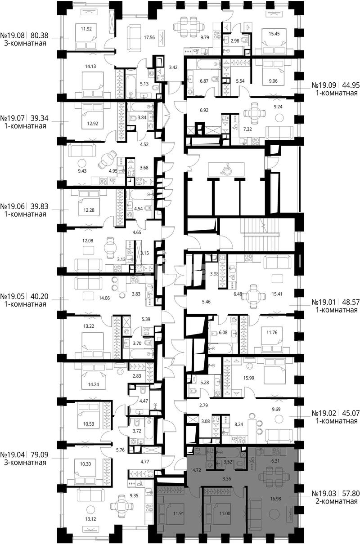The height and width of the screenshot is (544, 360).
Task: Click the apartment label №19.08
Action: pos(13,36)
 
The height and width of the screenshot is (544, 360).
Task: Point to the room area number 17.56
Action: pos(149,37)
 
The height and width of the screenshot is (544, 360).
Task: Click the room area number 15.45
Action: pos(274,34)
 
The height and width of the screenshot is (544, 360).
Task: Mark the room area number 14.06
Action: pos(104,298)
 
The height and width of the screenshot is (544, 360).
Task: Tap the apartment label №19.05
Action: pos(13,296)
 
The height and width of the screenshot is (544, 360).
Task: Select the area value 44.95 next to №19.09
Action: pos(351,85)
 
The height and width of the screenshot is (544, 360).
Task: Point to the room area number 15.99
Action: pos(249,378)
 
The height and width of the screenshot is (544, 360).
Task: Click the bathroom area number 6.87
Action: pos(204,81)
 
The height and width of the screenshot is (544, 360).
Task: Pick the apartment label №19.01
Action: pos(324,302)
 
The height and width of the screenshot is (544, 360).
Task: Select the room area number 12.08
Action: pos(87,241)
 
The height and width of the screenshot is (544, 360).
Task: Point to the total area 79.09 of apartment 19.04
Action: pos(40,455)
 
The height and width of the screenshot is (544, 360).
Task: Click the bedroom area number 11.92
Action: pos(86,29)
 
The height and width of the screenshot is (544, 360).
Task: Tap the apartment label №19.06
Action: pos(13,206)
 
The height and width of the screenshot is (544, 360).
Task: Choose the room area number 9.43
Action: pos(82,171)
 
